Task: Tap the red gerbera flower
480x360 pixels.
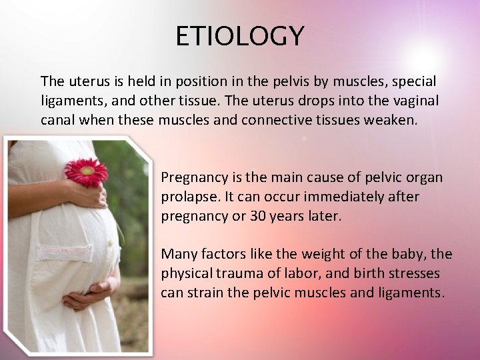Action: point(86,171)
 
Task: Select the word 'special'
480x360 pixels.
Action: point(413,81)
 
